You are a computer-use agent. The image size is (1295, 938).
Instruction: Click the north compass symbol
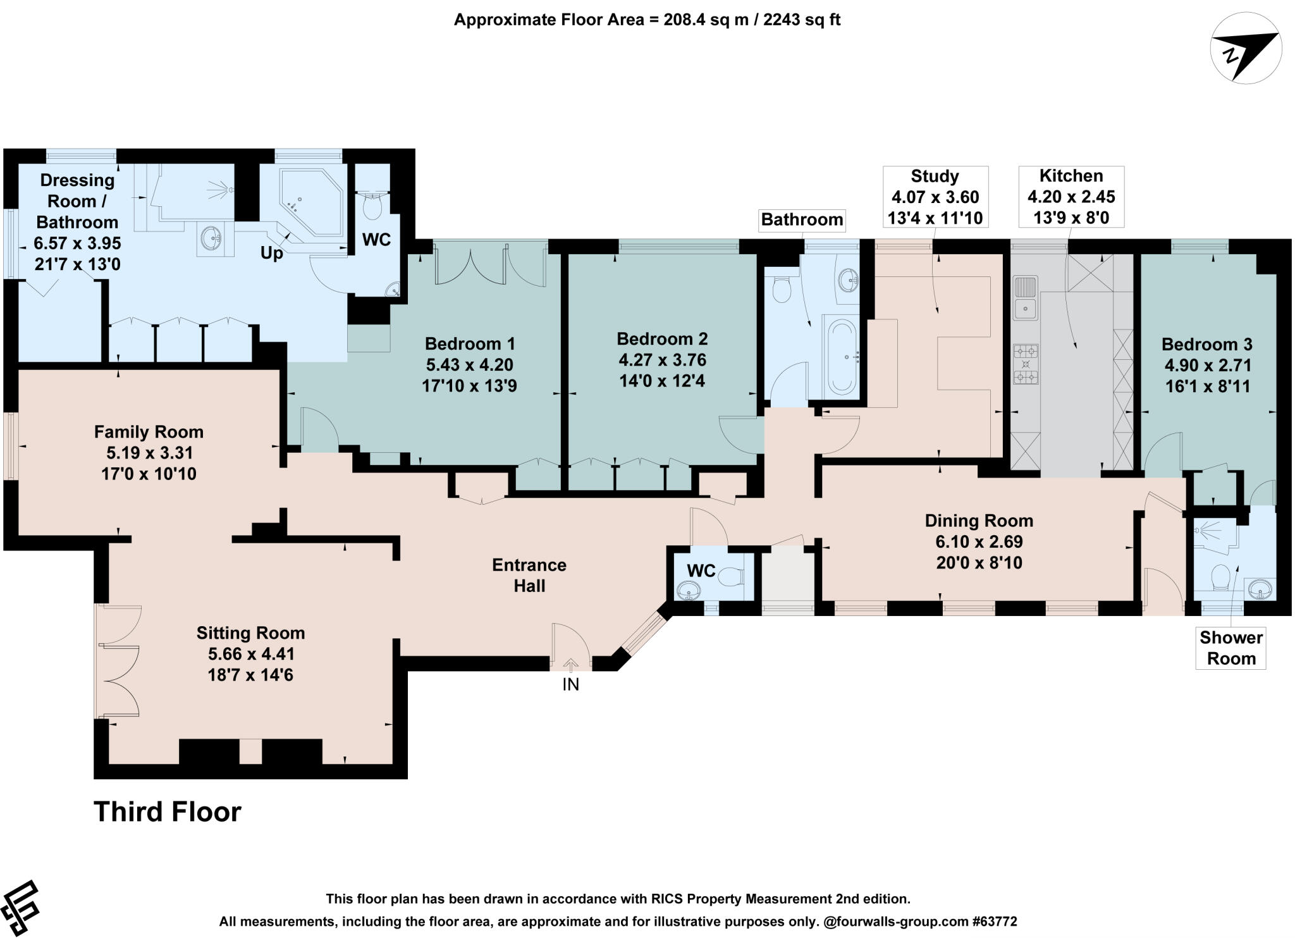1246,49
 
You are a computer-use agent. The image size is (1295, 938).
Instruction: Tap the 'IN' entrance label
570,684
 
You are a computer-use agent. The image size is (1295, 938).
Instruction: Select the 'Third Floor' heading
168,811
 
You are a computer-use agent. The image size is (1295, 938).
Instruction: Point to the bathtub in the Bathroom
841,357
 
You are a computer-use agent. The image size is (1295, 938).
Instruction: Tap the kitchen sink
1024,297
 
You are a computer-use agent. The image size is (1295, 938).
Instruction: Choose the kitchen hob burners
1026,364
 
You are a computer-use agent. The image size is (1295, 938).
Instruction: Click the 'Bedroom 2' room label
662,339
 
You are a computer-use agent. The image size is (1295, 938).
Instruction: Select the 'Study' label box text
935,176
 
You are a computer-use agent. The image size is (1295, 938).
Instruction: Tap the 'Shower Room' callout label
1231,648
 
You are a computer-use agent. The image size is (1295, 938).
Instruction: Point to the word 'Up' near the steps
272,254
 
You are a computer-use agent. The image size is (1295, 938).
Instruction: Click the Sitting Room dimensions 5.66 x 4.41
250,653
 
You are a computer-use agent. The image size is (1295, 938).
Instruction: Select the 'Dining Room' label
979,521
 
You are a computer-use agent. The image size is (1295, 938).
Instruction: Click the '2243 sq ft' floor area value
802,20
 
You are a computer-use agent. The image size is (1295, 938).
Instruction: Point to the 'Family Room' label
149,432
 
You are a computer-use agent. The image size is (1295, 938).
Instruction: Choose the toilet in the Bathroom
782,290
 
